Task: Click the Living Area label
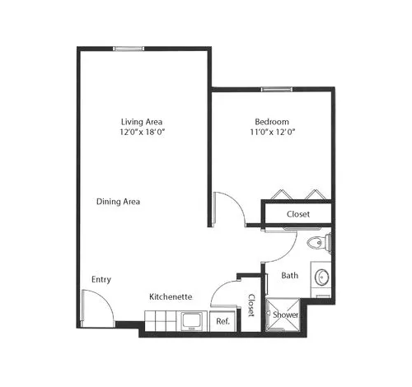pyautogui.click(x=142, y=122)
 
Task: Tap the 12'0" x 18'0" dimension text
pyautogui.click(x=142, y=132)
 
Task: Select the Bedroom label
pyautogui.click(x=272, y=122)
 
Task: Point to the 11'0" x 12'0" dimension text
pyautogui.click(x=272, y=132)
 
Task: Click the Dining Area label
pyautogui.click(x=118, y=202)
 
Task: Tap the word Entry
pyautogui.click(x=101, y=280)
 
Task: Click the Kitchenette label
pyautogui.click(x=171, y=296)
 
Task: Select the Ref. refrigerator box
pyautogui.click(x=223, y=321)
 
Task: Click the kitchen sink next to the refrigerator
pyautogui.click(x=192, y=321)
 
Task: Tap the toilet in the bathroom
pyautogui.click(x=319, y=243)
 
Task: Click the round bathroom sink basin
pyautogui.click(x=321, y=277)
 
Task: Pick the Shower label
pyautogui.click(x=285, y=315)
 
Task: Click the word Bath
pyautogui.click(x=290, y=275)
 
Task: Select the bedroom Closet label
pyautogui.click(x=298, y=214)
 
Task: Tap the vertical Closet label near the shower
pyautogui.click(x=251, y=305)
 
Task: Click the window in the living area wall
pyautogui.click(x=129, y=49)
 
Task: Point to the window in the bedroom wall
pyautogui.click(x=277, y=89)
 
